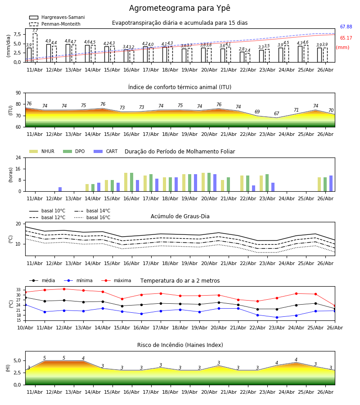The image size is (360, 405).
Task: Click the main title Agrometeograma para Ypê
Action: click(180, 8)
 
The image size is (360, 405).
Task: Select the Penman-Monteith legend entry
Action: click(55, 24)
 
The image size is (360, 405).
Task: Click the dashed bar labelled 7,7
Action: click(35, 48)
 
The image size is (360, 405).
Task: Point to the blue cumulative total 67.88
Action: click(346, 27)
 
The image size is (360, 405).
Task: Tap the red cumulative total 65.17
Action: click(346, 38)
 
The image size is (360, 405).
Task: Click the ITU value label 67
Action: click(277, 113)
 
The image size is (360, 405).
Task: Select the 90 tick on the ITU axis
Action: click(18, 93)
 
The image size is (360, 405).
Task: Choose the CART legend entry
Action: click(106, 151)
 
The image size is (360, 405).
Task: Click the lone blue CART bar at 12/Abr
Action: click(60, 189)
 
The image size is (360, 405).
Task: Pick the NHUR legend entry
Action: click(42, 151)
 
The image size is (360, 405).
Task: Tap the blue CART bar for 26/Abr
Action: click(331, 184)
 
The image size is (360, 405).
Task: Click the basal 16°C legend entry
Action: click(92, 217)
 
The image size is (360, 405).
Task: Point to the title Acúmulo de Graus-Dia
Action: click(180, 216)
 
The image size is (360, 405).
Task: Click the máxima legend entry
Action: click(116, 280)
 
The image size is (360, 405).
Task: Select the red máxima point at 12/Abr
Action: click(64, 289)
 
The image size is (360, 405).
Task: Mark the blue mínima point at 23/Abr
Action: click(277, 317)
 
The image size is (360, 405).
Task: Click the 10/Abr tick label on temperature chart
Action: click(25, 328)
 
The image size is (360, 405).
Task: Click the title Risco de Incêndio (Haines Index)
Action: click(180, 345)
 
